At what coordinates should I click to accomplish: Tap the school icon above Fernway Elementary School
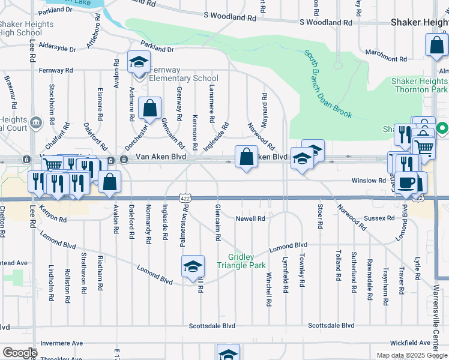[139, 62]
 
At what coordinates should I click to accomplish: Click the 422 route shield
[184, 197]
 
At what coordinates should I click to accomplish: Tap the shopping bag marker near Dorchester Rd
[149, 109]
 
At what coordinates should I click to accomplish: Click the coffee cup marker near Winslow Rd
[406, 184]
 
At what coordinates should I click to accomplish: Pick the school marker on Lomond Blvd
[193, 267]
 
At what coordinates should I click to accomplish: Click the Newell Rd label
[250, 219]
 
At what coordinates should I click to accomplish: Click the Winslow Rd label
[369, 180]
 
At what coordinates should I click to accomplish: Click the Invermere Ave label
[61, 343]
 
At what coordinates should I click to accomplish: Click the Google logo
[19, 353]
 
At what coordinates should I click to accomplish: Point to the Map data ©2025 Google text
[412, 355]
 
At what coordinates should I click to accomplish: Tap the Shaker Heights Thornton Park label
[419, 85]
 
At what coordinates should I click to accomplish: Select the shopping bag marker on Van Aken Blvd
[246, 157]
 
